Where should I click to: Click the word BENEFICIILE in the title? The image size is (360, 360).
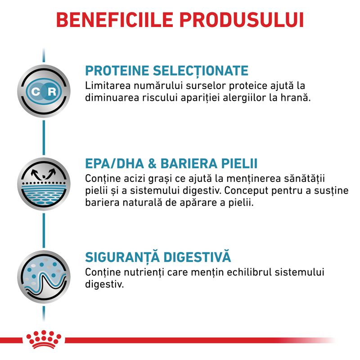(115, 20)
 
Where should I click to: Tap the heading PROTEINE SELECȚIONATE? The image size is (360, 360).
(166, 71)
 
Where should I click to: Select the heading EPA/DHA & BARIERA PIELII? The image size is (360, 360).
(171, 163)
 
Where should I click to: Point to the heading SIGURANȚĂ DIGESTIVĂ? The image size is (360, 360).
(158, 256)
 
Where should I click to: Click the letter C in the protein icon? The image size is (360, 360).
(36, 92)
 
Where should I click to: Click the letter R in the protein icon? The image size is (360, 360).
(52, 92)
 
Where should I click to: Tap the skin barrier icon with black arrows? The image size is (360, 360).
(44, 184)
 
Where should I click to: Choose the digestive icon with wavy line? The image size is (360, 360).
(44, 277)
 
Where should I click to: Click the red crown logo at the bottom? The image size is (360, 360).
(44, 339)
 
